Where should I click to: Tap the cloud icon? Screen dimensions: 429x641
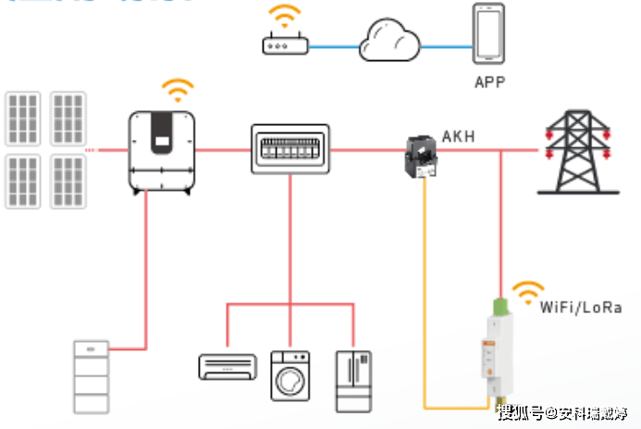coord(388,42)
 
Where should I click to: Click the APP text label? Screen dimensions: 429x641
coord(490,82)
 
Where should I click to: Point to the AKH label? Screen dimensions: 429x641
coord(459,137)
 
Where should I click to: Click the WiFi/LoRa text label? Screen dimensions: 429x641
coord(581,307)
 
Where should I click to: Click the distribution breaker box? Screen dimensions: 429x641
coord(290,149)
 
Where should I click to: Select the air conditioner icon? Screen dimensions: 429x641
coord(225,365)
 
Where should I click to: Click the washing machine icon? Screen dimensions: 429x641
coord(290,375)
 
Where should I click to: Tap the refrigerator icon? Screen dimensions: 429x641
coord(353,380)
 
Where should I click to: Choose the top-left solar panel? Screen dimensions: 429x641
coord(23,116)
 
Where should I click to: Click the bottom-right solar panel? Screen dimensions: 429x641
coord(68,180)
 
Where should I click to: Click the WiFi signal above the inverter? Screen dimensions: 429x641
coord(178,91)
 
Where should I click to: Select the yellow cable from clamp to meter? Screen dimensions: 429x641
coord(425,306)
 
